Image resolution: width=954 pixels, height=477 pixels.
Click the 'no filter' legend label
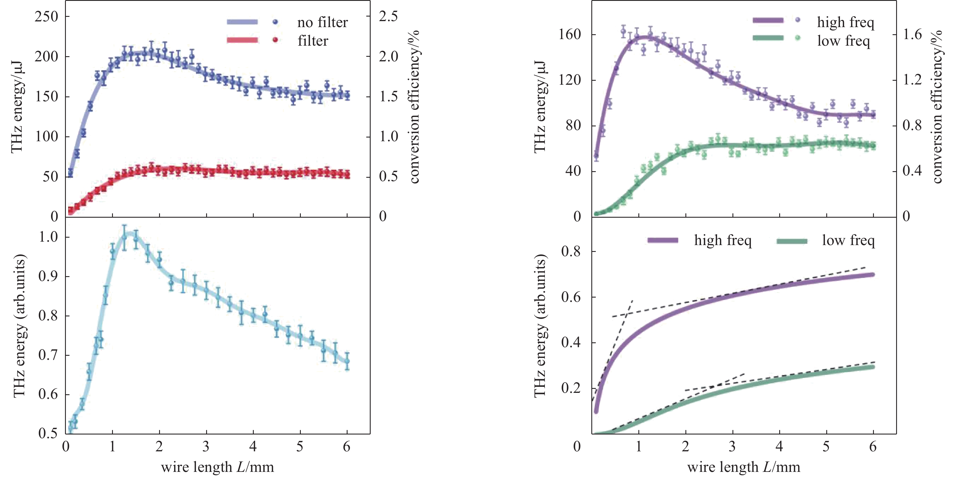coord(322,23)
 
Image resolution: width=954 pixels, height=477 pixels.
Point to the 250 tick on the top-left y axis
coord(46,16)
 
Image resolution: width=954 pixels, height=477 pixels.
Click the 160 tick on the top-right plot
coord(570,35)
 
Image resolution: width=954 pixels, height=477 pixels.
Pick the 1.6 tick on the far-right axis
coord(912,35)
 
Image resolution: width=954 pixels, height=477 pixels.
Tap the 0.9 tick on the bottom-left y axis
coord(48,276)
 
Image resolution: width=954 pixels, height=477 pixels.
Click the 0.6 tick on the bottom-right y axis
coord(571,297)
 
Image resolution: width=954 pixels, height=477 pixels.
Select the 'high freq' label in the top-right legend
coord(845,23)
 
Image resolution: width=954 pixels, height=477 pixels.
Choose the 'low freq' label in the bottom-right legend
coord(848,240)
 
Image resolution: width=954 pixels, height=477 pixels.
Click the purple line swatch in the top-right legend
coord(768,20)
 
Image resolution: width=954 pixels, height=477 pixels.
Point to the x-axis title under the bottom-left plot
coord(217,467)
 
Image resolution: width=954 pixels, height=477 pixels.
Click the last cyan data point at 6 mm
coord(347,361)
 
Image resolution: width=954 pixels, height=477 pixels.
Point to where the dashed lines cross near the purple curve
coord(626,315)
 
